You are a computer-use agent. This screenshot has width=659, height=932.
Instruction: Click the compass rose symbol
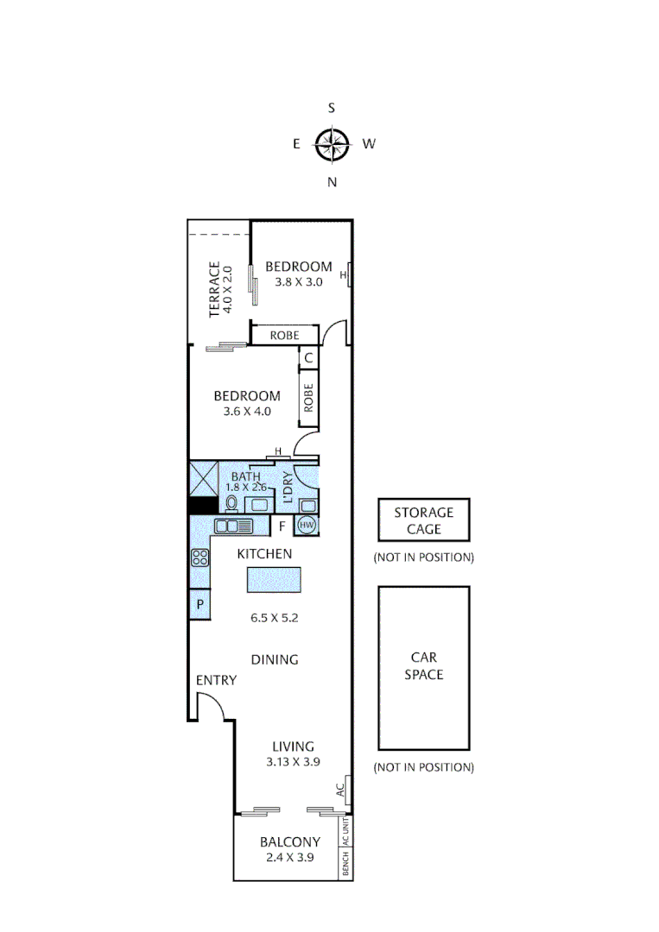coord(332,144)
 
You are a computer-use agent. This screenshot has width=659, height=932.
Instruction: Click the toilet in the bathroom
coord(231,504)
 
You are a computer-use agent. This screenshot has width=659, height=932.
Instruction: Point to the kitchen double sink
coord(233,526)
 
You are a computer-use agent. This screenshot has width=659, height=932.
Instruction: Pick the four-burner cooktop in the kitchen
coord(200,557)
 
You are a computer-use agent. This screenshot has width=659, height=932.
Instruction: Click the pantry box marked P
coord(200,605)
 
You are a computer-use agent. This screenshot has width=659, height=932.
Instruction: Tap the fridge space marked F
coord(282,525)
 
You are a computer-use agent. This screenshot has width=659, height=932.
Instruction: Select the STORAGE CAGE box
coord(423,520)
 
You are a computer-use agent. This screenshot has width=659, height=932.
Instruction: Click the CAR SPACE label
coord(423,667)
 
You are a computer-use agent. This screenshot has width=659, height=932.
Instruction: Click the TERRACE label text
coord(215,290)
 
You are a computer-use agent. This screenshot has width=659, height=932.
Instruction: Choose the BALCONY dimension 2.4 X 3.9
coord(290,858)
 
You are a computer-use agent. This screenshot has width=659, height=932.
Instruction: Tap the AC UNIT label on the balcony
coord(345,832)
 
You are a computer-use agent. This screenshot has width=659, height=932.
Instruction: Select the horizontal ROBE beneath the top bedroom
coord(284,335)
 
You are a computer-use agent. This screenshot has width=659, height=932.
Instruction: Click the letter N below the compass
coord(332,181)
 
